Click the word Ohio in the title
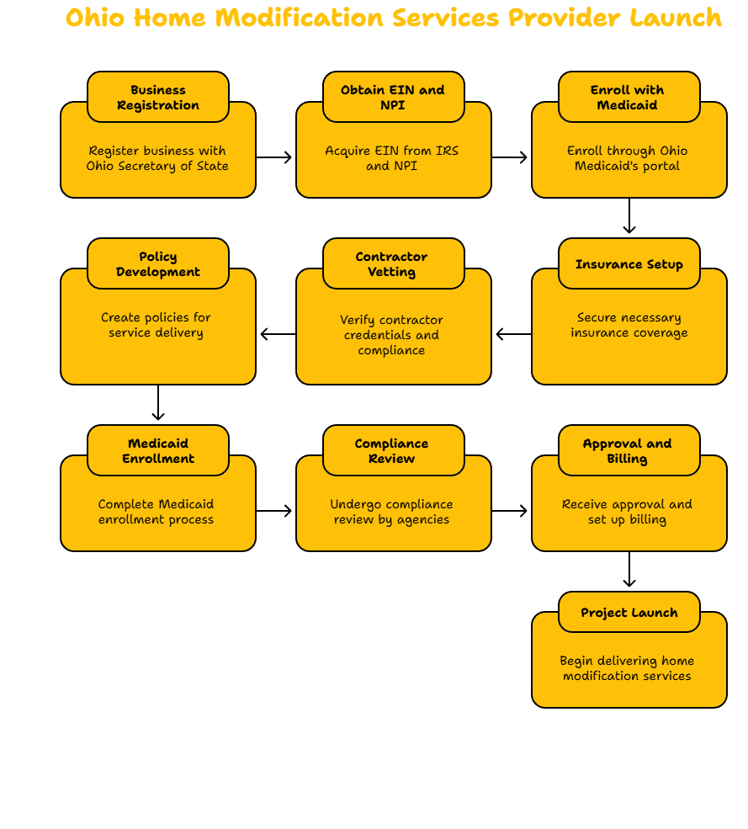coord(95,18)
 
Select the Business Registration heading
coord(158,98)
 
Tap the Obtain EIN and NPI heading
coord(393,98)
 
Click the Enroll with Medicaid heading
coord(628,98)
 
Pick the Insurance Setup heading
coord(629,263)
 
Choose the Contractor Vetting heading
coord(392,263)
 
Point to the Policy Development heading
coord(158,263)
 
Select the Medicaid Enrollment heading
coord(158,451)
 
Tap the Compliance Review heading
coord(392,451)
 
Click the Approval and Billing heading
coord(628,451)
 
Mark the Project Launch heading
coord(629,612)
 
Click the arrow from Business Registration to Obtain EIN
coord(273,157)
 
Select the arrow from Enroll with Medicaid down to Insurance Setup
coord(629,215)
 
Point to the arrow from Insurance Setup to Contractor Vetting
coord(514,334)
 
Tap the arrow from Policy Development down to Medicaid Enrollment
coord(158,402)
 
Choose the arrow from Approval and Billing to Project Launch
coord(629,570)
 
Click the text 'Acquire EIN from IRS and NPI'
coord(392,158)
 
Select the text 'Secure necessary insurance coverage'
coord(629,325)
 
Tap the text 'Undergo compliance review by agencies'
coord(392,512)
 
